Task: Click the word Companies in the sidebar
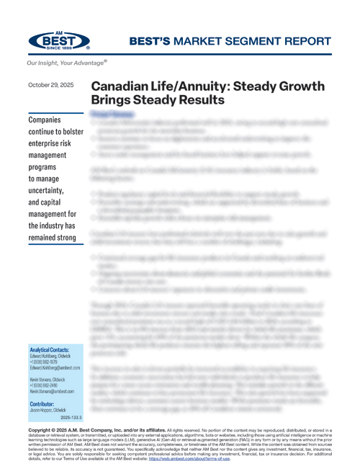pyautogui.click(x=44, y=119)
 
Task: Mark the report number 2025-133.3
pyautogui.click(x=71, y=417)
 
